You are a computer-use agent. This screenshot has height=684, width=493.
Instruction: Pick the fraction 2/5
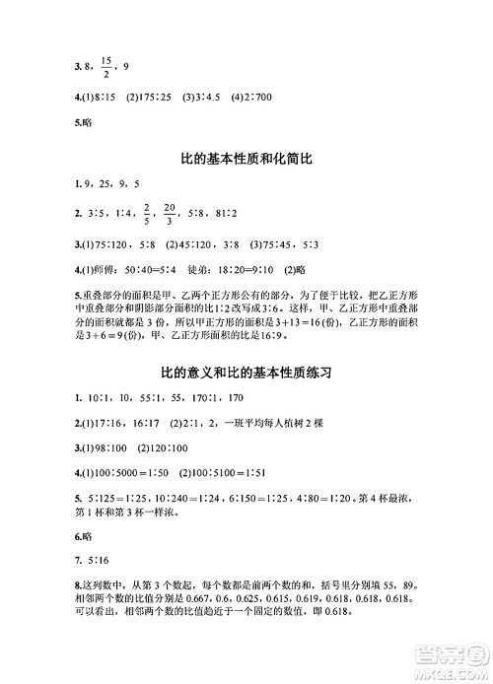tap(146, 212)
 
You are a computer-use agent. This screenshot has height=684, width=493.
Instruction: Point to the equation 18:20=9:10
tap(233, 268)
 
